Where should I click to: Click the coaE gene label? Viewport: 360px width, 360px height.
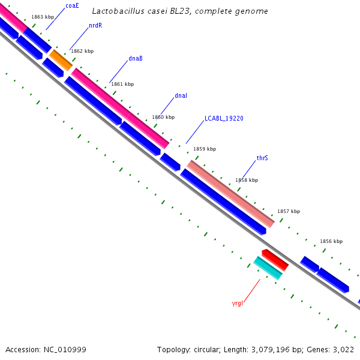(72, 5)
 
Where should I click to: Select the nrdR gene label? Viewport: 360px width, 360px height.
(95, 26)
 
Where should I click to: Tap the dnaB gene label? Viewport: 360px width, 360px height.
(136, 59)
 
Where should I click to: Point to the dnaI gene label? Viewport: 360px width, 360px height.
(181, 96)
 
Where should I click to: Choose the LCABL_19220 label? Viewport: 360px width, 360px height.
(224, 119)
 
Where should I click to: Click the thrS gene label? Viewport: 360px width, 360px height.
(262, 158)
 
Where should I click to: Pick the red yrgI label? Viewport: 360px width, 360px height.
(237, 304)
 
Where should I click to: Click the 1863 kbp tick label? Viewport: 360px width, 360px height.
(43, 17)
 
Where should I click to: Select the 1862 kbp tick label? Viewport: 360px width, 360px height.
(82, 52)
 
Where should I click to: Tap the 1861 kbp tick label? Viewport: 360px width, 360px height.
(122, 85)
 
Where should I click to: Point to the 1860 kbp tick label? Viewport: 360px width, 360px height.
(163, 118)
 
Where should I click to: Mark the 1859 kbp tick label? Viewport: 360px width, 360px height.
(205, 149)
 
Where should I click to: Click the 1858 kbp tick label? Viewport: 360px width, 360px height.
(247, 180)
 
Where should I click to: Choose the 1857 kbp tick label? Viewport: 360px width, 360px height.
(289, 212)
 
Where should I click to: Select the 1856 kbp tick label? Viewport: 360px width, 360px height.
(331, 241)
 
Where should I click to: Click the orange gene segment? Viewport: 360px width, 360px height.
(61, 60)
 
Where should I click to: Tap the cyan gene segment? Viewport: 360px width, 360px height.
(268, 268)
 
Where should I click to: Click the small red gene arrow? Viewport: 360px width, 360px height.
(275, 260)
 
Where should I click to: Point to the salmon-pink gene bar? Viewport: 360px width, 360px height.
(231, 194)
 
